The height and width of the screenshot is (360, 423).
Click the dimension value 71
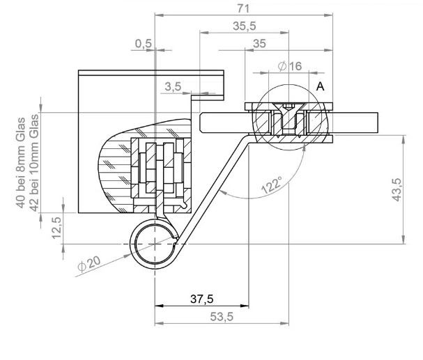(243, 8)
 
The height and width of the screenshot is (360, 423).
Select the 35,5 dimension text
(245, 26)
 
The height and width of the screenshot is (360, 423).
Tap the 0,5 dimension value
(144, 44)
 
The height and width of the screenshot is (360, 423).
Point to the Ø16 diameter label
(290, 66)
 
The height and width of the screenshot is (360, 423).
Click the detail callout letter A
(321, 87)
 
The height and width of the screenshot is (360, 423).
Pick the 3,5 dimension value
(173, 87)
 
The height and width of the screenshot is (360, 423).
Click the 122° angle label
(272, 185)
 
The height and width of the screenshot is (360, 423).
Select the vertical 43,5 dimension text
(397, 189)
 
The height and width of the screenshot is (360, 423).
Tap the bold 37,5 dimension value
(202, 299)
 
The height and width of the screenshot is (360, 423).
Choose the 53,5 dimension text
(222, 317)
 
